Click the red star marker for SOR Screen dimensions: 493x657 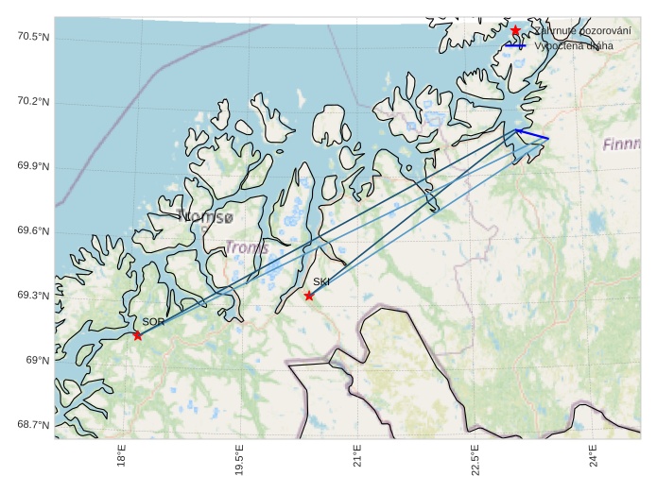(138, 335)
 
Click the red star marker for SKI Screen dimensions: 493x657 (309, 296)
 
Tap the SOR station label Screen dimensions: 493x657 (153, 322)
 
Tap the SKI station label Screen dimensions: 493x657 (321, 281)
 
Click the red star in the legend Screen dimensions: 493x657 (515, 31)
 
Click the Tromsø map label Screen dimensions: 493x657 (204, 217)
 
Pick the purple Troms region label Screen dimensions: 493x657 (247, 247)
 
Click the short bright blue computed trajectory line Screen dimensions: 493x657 (532, 135)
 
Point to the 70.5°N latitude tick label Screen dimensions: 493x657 (33, 37)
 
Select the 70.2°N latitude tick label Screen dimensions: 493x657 (33, 102)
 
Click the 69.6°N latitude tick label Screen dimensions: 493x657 (33, 231)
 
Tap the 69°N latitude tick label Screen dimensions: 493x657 (38, 360)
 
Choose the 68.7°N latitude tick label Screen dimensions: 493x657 (33, 425)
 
